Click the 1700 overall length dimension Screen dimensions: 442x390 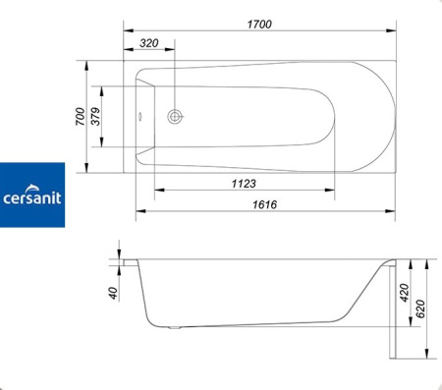tap(259, 25)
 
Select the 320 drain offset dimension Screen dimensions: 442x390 tap(149, 43)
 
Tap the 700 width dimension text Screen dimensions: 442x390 tap(81, 116)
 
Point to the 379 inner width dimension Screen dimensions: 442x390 tap(95, 116)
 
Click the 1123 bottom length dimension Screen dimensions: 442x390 tap(244, 184)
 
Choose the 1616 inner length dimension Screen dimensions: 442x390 tap(264, 204)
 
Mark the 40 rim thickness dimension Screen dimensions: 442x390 tap(113, 293)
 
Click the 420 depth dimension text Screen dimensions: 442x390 tap(405, 293)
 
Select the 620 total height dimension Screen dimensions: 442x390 tap(420, 308)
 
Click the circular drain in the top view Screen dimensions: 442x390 tap(175, 116)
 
